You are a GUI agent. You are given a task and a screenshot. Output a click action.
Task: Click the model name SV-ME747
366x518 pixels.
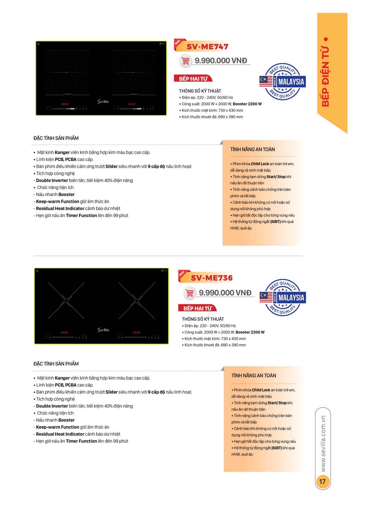(207, 47)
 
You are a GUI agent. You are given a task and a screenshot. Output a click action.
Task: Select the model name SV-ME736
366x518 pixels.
(212, 278)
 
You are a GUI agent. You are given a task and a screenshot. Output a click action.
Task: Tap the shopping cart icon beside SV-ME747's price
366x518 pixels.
(186, 60)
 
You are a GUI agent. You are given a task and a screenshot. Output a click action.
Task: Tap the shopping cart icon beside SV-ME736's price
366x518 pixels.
(190, 293)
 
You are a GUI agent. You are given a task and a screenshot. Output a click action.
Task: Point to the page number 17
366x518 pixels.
(322, 481)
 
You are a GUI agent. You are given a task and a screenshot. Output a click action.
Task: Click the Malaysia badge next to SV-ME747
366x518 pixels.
(283, 81)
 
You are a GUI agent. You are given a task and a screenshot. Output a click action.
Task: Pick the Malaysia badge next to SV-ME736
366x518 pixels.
(283, 297)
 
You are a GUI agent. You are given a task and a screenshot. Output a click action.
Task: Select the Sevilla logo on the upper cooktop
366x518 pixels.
(103, 101)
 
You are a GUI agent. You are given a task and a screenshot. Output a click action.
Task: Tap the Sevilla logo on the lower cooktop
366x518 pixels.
(103, 330)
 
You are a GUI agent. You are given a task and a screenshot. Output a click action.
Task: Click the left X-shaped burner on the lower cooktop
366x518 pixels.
(66, 301)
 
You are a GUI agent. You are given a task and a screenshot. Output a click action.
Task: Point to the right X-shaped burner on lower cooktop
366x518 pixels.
(137, 301)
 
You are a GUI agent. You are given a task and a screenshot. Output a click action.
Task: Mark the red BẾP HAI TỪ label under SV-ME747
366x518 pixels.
(193, 78)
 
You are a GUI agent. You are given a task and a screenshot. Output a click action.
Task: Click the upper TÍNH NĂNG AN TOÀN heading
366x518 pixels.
(253, 149)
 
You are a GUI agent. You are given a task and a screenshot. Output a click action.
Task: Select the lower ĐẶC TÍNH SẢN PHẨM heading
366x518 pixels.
(56, 364)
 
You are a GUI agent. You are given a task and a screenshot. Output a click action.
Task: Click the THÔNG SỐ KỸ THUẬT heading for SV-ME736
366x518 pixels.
(203, 319)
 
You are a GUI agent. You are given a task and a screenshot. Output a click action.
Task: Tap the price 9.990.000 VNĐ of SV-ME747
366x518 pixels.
(221, 60)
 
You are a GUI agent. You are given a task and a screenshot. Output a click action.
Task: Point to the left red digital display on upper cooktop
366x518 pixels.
(65, 104)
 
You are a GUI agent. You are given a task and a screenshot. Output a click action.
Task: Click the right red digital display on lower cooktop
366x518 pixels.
(137, 333)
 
